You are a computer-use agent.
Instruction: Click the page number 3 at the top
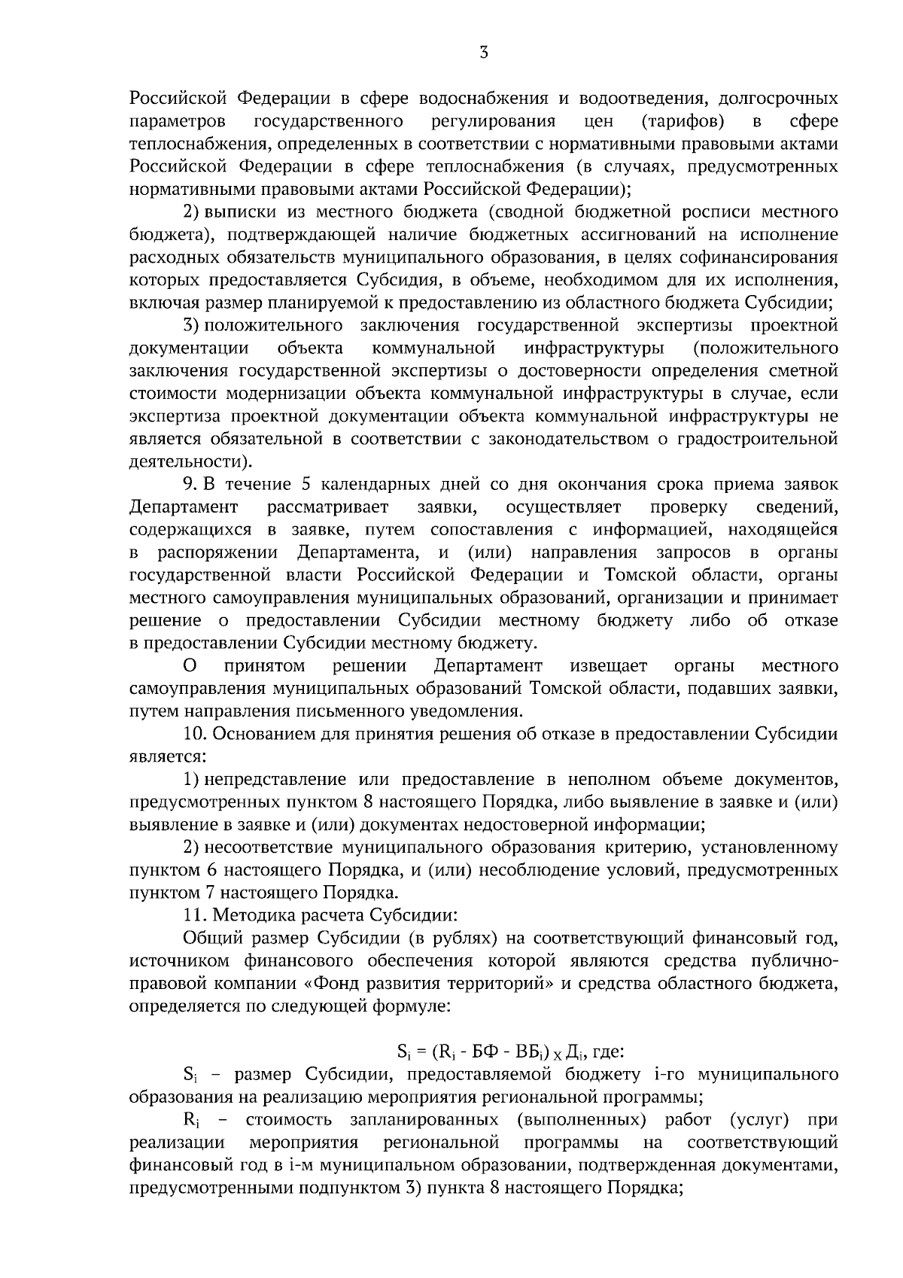click(484, 52)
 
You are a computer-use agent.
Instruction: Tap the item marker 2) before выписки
click(192, 211)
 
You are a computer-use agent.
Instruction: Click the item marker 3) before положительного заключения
click(192, 325)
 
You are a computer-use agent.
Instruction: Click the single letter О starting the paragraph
click(190, 666)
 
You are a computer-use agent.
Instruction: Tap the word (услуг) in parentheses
click(759, 1120)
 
